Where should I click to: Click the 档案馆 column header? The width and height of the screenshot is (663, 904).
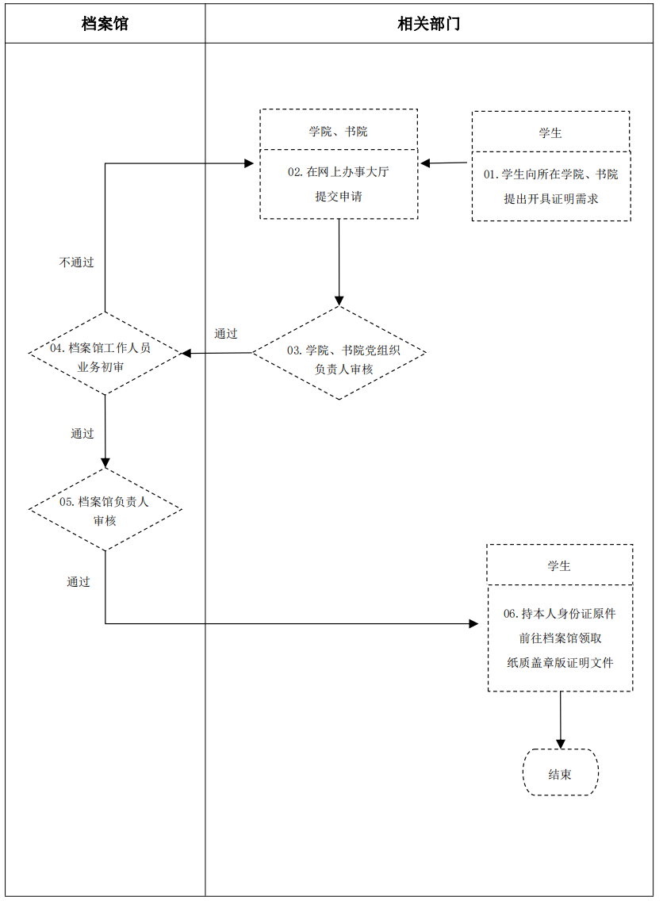[105, 24]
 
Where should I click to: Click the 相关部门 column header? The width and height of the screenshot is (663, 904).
[428, 24]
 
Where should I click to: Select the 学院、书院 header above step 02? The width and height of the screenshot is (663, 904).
[339, 131]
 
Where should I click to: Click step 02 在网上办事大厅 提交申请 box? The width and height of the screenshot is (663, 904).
[339, 184]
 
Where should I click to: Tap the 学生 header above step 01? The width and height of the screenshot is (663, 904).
[550, 132]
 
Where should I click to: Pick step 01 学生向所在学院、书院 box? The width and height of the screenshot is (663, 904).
[550, 186]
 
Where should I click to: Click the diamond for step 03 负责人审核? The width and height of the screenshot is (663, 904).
[339, 353]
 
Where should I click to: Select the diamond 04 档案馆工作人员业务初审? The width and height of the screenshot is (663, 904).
[105, 354]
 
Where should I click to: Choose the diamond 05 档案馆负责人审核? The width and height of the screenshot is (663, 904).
[105, 510]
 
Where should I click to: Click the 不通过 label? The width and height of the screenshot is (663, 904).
[76, 262]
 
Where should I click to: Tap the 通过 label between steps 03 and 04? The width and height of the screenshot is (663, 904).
[226, 334]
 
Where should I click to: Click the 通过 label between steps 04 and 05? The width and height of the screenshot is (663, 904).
[82, 434]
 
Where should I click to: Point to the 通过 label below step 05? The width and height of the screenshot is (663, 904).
[79, 582]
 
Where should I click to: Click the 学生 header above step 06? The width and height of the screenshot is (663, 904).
[559, 566]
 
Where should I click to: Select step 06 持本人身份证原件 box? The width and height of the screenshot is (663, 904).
[560, 638]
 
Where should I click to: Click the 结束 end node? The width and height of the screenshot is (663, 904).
[560, 773]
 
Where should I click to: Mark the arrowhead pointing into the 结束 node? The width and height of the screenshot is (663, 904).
[561, 744]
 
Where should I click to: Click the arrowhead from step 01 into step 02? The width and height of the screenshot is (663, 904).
[426, 163]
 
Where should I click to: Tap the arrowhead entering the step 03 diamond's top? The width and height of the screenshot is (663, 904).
[339, 301]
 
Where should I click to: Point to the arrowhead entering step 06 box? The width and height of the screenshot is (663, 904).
[473, 623]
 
